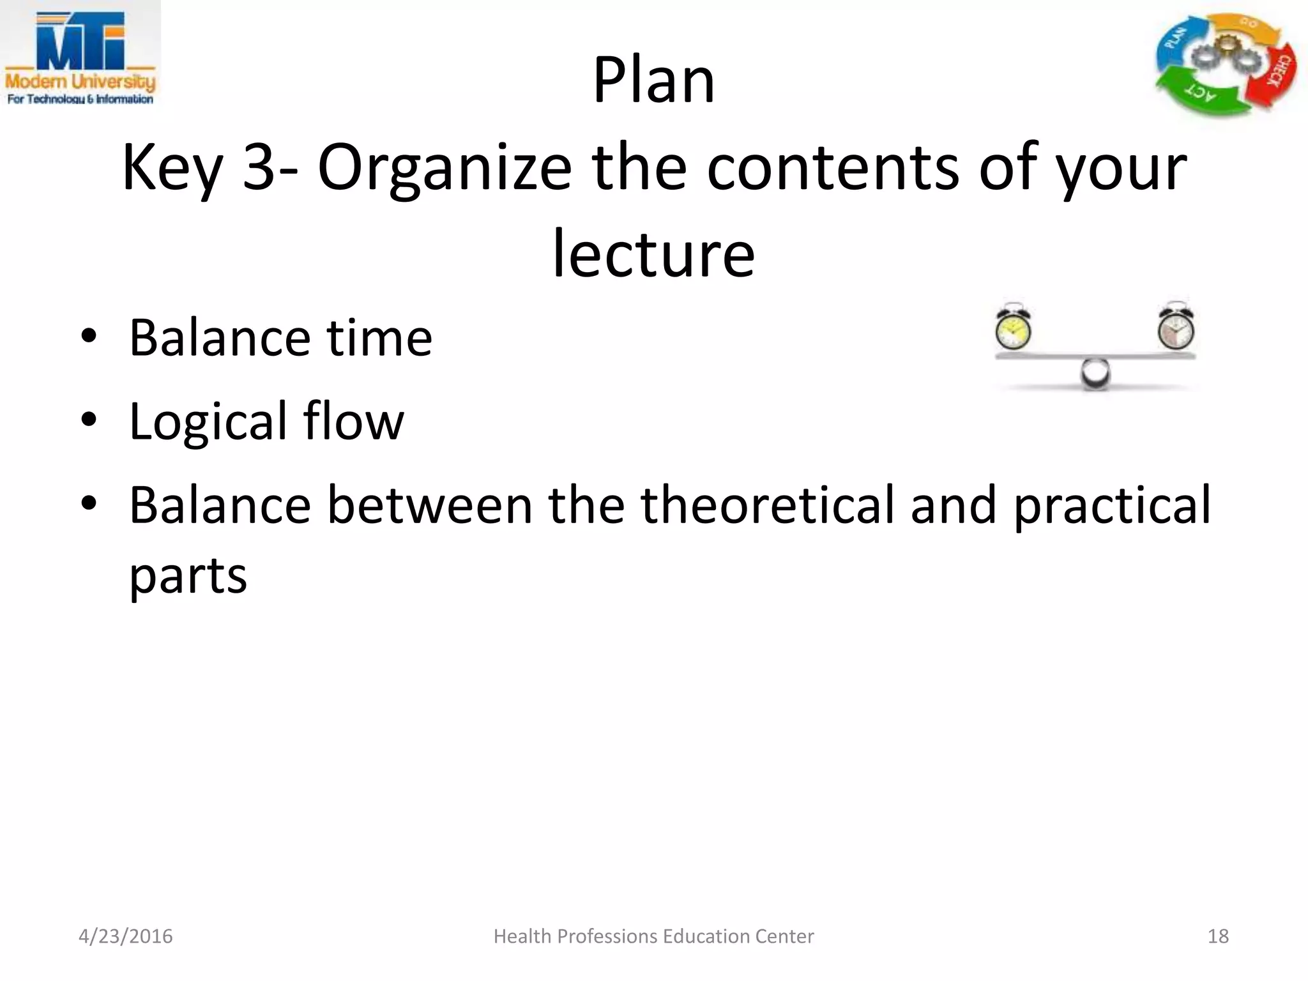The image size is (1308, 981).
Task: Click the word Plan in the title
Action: pos(653,80)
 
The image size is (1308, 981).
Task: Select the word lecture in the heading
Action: pos(653,254)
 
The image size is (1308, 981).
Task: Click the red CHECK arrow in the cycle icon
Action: pos(1279,73)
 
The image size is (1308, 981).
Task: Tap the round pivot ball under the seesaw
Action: pos(1095,374)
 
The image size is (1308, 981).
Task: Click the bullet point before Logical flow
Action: pos(89,420)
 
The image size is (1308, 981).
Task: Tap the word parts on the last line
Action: pos(188,575)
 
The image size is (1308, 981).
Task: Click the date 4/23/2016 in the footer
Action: pos(125,936)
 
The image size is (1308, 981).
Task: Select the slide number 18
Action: pos(1218,936)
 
